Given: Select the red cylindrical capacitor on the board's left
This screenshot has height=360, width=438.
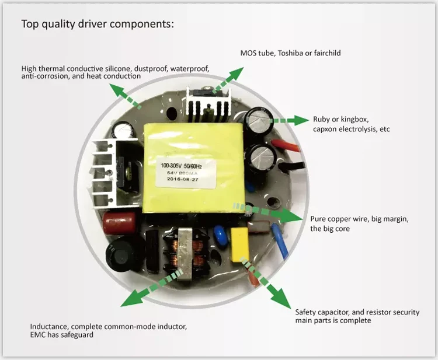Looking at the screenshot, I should point(119,223).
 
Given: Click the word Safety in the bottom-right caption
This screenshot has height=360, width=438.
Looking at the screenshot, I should point(306,312).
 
